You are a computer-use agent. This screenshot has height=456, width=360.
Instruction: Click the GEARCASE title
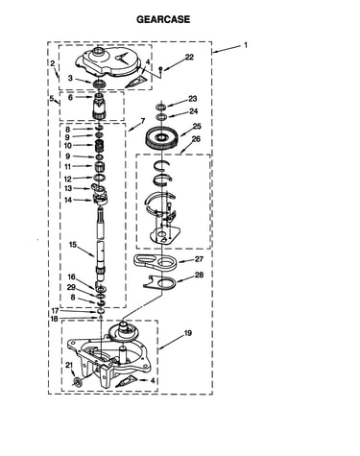(x=163, y=19)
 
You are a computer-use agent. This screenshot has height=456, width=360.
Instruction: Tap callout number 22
(x=189, y=57)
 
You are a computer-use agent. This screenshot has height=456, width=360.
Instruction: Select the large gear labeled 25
(x=161, y=138)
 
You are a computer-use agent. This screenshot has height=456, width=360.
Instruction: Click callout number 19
(x=188, y=333)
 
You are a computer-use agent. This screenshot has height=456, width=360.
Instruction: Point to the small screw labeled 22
(x=161, y=69)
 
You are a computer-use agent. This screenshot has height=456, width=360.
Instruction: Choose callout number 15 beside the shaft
(x=73, y=245)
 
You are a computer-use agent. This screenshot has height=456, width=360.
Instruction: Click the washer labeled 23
(x=161, y=107)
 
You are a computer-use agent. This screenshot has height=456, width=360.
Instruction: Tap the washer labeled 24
(x=161, y=116)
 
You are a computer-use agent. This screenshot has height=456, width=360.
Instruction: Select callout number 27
(x=199, y=258)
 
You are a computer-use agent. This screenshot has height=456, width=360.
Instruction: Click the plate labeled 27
(x=156, y=262)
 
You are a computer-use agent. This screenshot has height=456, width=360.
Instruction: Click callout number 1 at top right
(x=246, y=45)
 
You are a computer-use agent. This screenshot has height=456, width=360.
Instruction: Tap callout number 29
(x=71, y=287)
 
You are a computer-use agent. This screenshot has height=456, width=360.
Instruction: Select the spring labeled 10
(x=101, y=146)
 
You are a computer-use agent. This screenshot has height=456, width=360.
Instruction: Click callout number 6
(x=70, y=98)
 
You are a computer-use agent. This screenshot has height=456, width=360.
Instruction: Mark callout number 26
(x=196, y=139)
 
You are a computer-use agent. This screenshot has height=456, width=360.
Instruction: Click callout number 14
(x=68, y=200)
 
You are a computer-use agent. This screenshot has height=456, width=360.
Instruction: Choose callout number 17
(x=55, y=311)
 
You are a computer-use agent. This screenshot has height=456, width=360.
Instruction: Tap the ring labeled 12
(x=100, y=178)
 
